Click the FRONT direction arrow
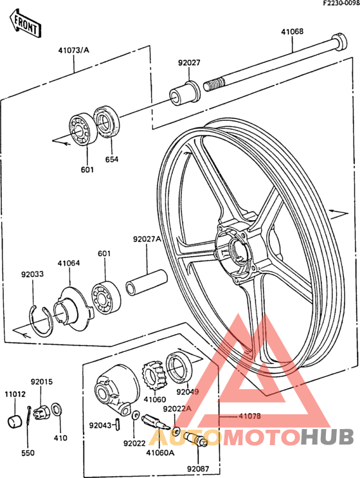25,23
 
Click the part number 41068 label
292,32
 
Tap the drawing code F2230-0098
341,3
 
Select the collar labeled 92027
185,93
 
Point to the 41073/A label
74,50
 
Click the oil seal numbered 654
106,122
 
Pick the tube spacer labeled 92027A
147,282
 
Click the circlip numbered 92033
41,321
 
